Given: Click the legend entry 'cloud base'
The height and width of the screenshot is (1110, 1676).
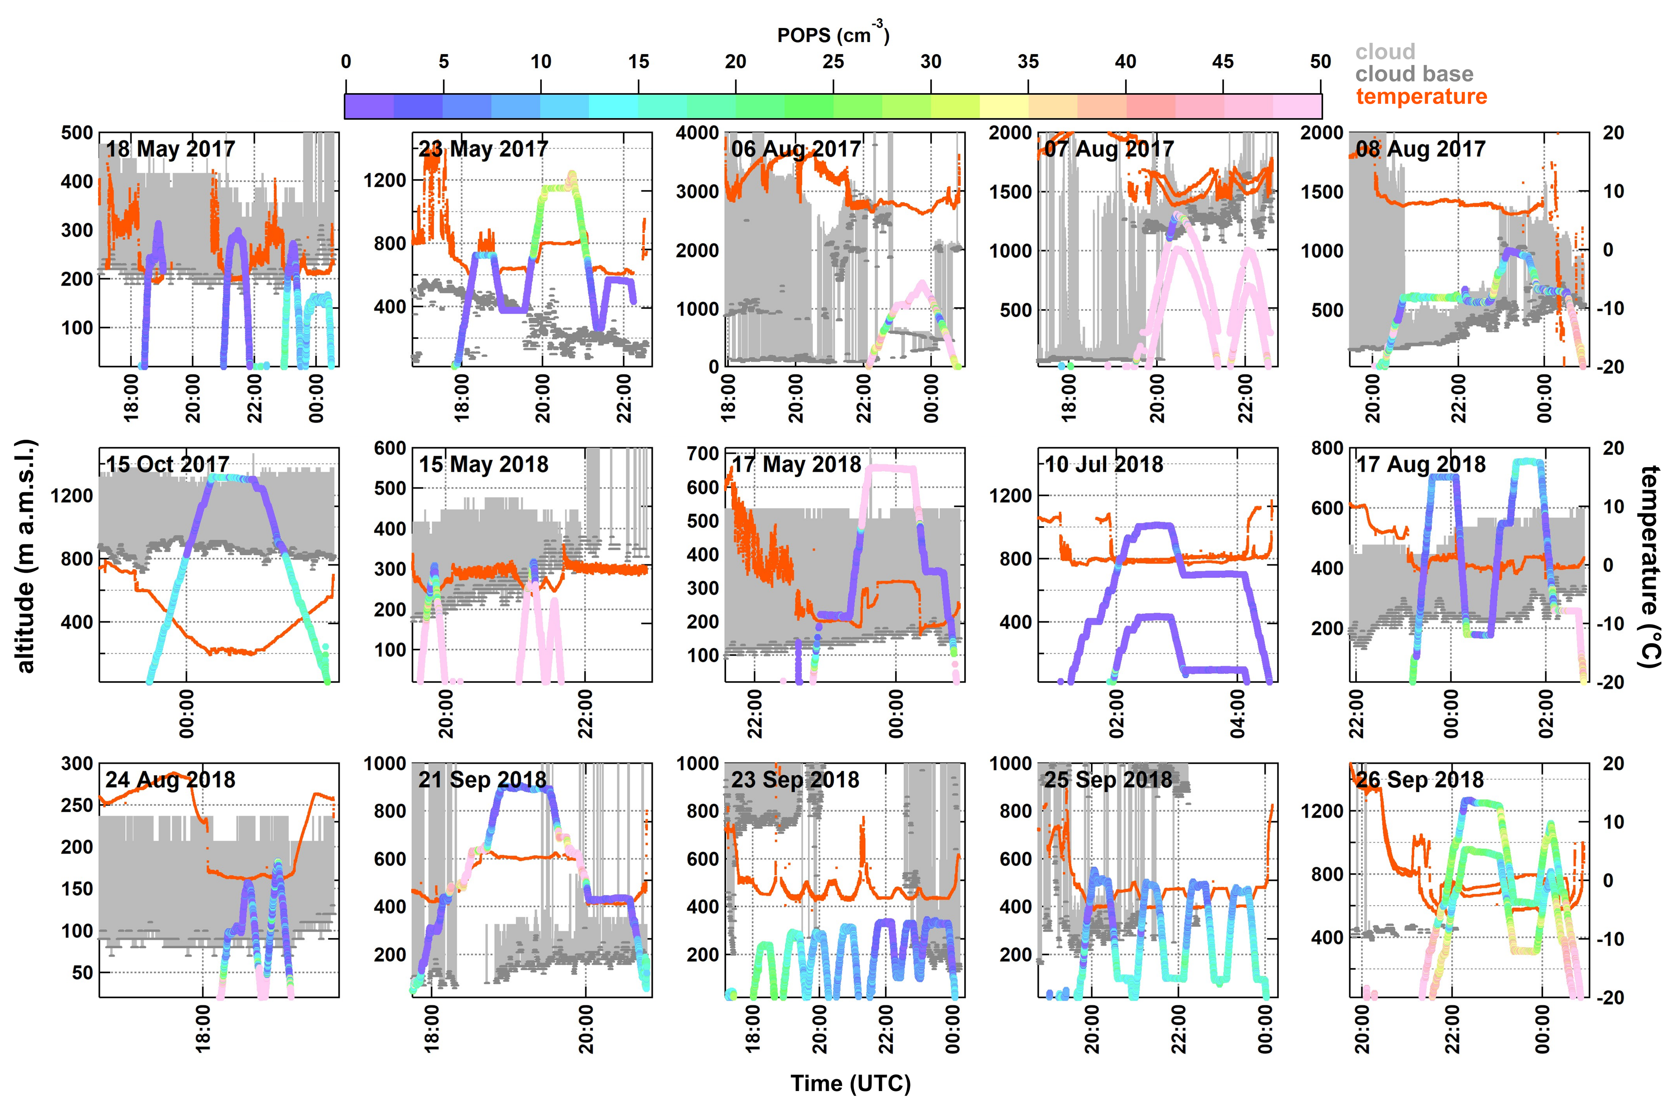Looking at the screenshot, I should tap(1413, 74).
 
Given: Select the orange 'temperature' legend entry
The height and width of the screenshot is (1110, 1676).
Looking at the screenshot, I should tap(1421, 96).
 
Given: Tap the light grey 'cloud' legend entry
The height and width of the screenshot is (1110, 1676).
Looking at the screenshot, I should tap(1385, 52).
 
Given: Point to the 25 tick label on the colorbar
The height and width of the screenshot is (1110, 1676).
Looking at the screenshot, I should tap(833, 62).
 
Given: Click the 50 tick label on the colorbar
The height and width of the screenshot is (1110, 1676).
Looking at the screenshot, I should tap(1320, 62).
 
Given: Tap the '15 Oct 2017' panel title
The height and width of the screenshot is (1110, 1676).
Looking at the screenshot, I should tap(168, 464).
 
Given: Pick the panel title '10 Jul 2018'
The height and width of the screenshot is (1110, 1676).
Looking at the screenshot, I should tap(1104, 464).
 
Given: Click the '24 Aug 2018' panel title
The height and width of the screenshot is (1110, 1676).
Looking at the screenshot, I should tap(171, 779).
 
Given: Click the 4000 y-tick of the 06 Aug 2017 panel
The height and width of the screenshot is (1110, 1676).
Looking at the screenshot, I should tap(698, 133).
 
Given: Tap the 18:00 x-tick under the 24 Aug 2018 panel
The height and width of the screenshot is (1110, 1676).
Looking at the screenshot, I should tap(203, 1030).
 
